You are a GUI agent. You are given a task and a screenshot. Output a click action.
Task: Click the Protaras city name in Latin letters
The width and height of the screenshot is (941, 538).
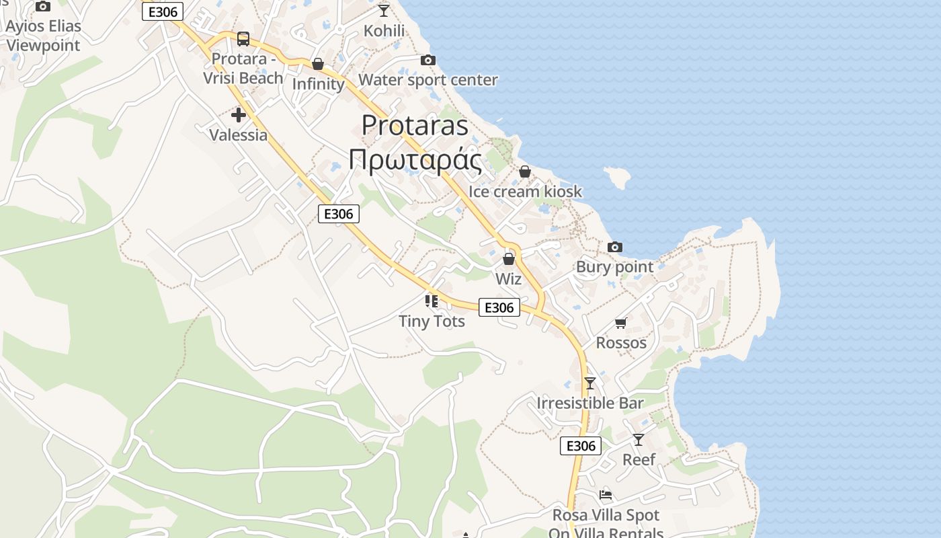pyautogui.click(x=415, y=125)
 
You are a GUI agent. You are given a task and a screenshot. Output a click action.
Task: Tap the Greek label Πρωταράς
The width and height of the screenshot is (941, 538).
pyautogui.click(x=415, y=160)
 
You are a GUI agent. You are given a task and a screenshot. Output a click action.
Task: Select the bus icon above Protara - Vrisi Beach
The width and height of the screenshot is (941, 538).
pyautogui.click(x=243, y=39)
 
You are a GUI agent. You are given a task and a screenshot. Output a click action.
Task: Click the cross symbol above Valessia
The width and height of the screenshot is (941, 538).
pyautogui.click(x=238, y=115)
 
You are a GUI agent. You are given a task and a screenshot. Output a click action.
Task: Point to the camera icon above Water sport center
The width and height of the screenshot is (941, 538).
pyautogui.click(x=427, y=61)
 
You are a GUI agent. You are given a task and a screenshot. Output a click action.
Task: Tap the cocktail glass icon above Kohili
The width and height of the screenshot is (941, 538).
pyautogui.click(x=384, y=10)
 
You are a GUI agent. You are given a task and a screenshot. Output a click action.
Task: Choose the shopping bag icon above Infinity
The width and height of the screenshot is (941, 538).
pyautogui.click(x=318, y=65)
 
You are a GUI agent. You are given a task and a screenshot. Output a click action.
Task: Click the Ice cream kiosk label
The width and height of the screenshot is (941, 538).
pyautogui.click(x=525, y=191)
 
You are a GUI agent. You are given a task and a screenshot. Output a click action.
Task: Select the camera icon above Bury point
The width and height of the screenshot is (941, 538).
pyautogui.click(x=614, y=247)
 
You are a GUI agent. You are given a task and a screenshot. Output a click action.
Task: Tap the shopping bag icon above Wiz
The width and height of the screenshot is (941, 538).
pyautogui.click(x=509, y=259)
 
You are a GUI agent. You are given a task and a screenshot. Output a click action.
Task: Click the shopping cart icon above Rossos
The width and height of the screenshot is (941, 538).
pyautogui.click(x=620, y=323)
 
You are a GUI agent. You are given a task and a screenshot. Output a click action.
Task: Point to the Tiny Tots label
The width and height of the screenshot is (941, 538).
pyautogui.click(x=432, y=321)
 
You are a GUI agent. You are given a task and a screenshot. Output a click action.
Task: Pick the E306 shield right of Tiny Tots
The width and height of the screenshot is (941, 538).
pyautogui.click(x=499, y=307)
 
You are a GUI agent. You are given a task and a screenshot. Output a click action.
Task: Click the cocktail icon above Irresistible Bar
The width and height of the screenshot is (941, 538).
pyautogui.click(x=590, y=383)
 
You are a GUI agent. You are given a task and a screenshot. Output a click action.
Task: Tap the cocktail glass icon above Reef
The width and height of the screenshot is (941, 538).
pyautogui.click(x=638, y=440)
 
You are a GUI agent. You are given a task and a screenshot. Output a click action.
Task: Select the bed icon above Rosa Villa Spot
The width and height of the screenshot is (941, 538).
pyautogui.click(x=606, y=496)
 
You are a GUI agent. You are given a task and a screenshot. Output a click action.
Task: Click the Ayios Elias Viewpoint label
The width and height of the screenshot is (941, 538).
pyautogui.click(x=43, y=36)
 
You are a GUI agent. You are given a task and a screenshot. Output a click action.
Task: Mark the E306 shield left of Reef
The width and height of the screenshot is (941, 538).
pyautogui.click(x=581, y=446)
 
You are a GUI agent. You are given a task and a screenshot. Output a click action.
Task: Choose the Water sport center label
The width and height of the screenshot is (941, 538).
pyautogui.click(x=427, y=80)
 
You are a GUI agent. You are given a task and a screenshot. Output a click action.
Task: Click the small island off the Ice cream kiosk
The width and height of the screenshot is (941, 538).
pyautogui.click(x=618, y=177)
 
